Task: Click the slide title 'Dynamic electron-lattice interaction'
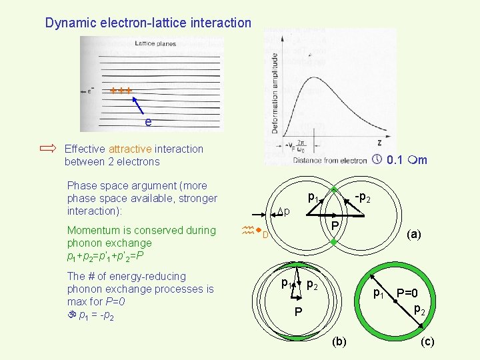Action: [148, 23]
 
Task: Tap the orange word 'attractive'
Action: [131, 149]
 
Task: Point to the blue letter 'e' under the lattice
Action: [147, 122]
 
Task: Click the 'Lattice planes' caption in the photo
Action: [154, 43]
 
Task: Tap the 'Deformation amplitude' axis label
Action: [274, 93]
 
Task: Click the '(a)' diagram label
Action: [414, 234]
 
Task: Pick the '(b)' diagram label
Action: [339, 341]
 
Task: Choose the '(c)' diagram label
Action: [427, 341]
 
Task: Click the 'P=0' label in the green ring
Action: [407, 293]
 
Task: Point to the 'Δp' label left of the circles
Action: [283, 212]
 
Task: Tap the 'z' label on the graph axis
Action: [380, 142]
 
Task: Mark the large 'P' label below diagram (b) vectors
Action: [299, 313]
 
